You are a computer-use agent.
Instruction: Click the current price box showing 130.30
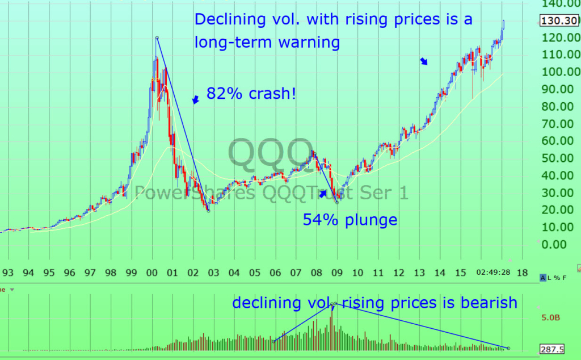click(x=559, y=21)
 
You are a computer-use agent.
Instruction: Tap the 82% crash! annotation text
click(x=251, y=94)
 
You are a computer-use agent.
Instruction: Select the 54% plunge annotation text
click(x=350, y=220)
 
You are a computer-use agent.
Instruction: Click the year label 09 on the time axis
click(x=336, y=273)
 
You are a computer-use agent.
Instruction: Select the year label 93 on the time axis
click(x=8, y=273)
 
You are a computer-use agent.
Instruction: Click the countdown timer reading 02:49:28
click(x=494, y=273)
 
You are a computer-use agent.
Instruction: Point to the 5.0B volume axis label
click(x=550, y=317)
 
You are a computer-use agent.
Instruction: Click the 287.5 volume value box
click(x=559, y=350)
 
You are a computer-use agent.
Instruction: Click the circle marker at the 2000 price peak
click(x=157, y=38)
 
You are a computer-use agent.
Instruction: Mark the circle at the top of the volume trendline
click(x=335, y=304)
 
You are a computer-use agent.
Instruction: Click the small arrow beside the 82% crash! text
click(x=195, y=100)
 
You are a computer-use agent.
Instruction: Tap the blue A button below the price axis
click(x=543, y=278)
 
